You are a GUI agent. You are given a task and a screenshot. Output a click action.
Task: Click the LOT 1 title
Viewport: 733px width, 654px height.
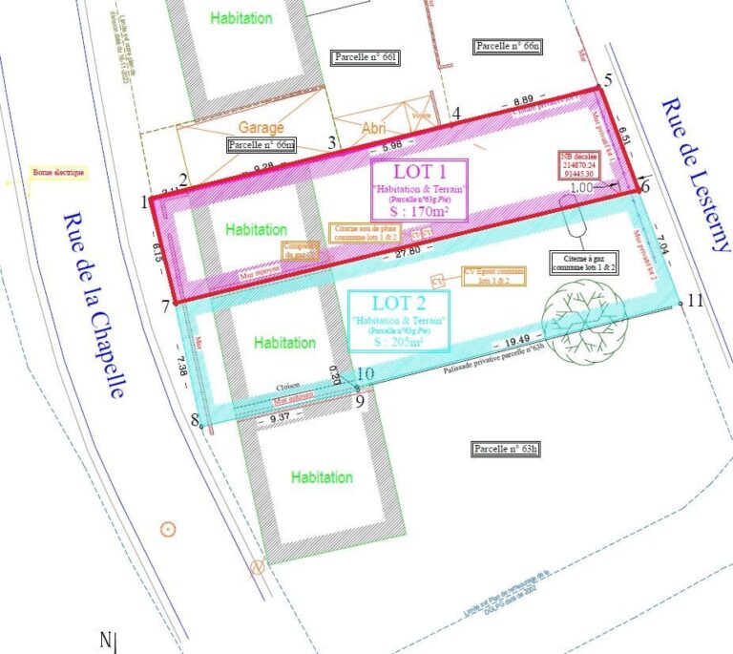point(418,173)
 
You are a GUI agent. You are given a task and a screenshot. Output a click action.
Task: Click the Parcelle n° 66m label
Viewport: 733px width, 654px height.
point(262,145)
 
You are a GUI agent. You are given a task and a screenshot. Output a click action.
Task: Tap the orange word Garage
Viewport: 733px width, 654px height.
point(261,127)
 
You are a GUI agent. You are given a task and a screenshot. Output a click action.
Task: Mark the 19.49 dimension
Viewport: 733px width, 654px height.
point(518,339)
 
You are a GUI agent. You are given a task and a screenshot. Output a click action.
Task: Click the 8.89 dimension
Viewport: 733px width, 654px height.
point(523,100)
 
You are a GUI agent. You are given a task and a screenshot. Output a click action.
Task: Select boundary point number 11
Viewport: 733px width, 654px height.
point(694,301)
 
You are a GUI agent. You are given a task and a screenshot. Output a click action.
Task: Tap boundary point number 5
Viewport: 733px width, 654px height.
point(608,81)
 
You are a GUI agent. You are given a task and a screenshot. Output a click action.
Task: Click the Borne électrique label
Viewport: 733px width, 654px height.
point(58,173)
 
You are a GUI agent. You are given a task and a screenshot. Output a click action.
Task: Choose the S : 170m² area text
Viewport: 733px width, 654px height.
point(418,213)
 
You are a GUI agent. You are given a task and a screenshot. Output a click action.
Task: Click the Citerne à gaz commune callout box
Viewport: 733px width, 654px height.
point(583,264)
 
